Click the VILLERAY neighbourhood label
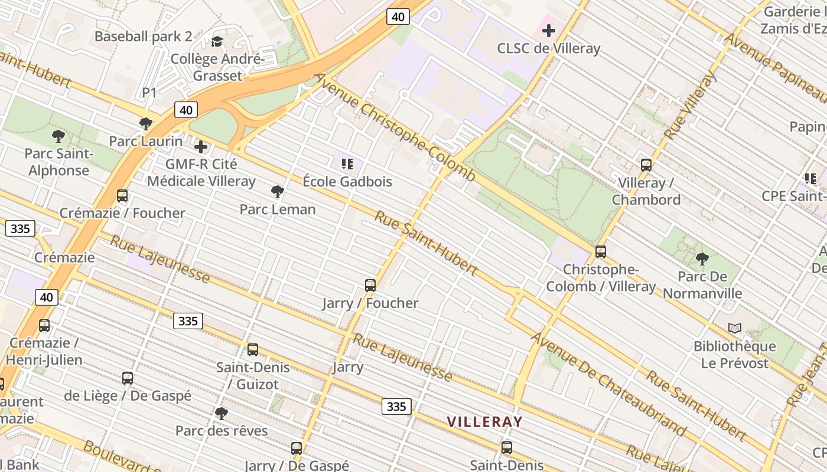click(484, 422)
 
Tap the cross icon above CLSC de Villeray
click(549, 31)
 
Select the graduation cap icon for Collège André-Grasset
click(217, 41)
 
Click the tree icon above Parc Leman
click(277, 191)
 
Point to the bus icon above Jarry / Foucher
click(370, 286)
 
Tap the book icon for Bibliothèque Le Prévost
click(735, 328)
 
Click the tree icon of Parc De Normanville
click(702, 258)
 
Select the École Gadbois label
click(347, 182)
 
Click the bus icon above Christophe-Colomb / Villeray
click(601, 252)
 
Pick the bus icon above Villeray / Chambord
click(646, 165)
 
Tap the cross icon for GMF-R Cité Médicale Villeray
click(201, 146)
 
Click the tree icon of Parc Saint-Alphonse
click(58, 136)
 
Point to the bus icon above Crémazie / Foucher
click(122, 196)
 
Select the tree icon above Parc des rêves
click(222, 413)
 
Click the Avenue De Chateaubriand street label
click(608, 383)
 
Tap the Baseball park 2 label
click(143, 37)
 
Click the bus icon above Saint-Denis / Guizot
click(253, 350)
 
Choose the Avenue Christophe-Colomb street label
click(395, 127)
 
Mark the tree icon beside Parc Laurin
click(146, 124)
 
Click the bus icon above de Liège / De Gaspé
click(128, 378)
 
